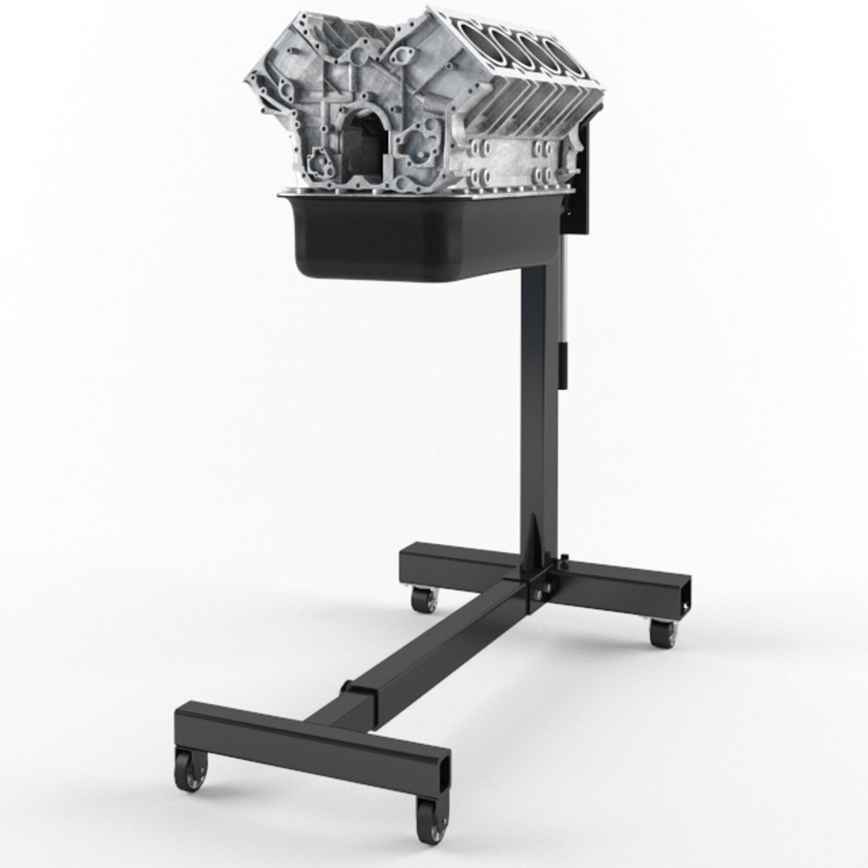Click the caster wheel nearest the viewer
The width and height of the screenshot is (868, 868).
(x=431, y=819)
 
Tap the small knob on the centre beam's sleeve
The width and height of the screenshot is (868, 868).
(x=347, y=688)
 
